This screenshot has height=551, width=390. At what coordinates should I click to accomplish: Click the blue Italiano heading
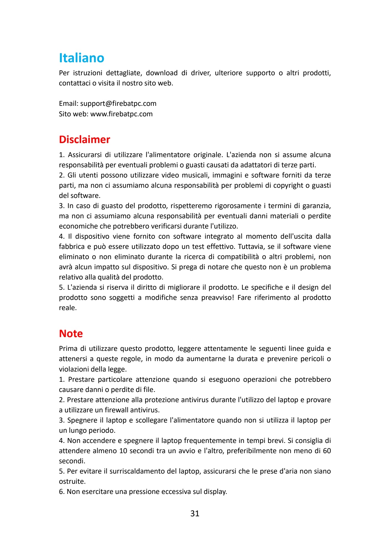tap(81, 58)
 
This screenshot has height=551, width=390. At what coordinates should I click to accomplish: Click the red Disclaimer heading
tap(84, 139)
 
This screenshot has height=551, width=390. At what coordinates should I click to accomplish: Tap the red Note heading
tap(71, 334)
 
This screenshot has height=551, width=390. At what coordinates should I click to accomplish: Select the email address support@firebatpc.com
tap(118, 104)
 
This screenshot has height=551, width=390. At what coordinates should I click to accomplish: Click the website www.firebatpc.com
tap(121, 114)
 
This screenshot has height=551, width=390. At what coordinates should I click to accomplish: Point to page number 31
tap(195, 514)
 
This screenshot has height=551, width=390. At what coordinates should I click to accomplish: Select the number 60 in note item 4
tap(327, 451)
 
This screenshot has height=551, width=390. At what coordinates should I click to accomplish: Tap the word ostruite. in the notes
tap(72, 482)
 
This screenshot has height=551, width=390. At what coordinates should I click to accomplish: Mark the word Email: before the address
tap(69, 104)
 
